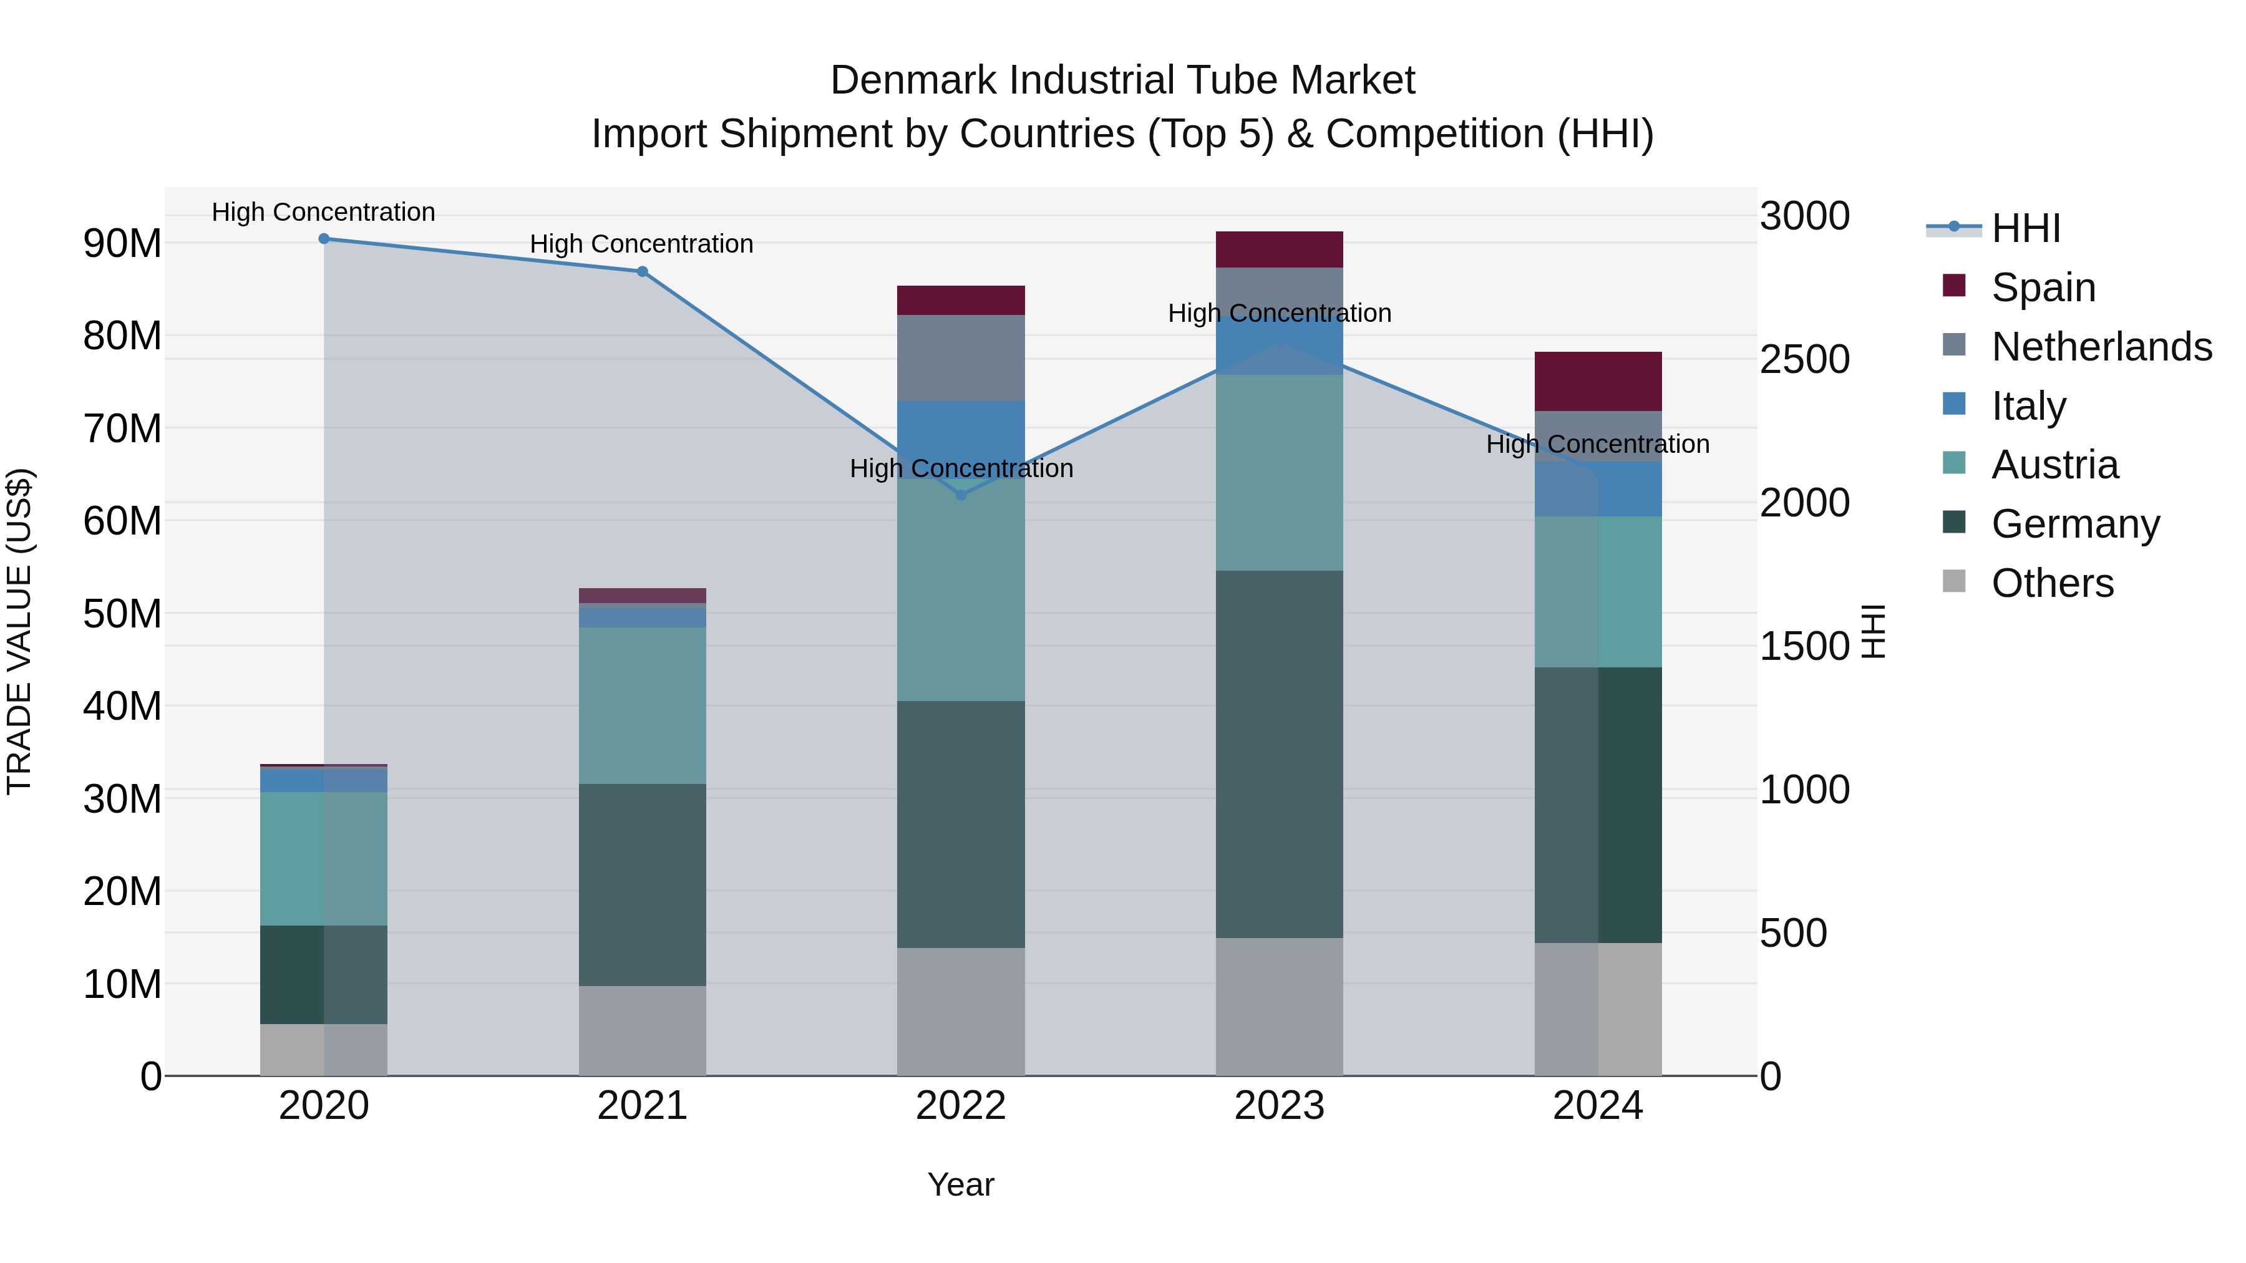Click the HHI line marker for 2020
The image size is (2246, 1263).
323,239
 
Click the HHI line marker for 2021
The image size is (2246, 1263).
642,272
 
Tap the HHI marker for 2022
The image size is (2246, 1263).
961,495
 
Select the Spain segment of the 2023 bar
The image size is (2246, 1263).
1279,249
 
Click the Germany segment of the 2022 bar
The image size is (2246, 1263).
961,824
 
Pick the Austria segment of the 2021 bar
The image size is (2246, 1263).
642,705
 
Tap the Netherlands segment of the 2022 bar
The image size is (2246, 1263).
961,357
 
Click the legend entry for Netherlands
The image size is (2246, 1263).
2101,347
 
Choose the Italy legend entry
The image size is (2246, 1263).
2028,406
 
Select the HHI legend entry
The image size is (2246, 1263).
2025,228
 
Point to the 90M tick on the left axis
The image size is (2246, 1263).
122,243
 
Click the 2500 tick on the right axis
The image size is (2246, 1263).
1804,359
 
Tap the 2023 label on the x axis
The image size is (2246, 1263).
1279,1106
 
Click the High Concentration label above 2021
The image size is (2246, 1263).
642,244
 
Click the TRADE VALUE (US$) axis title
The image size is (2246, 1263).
20,631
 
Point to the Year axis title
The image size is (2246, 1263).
961,1184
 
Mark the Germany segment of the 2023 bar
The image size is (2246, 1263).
1279,754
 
